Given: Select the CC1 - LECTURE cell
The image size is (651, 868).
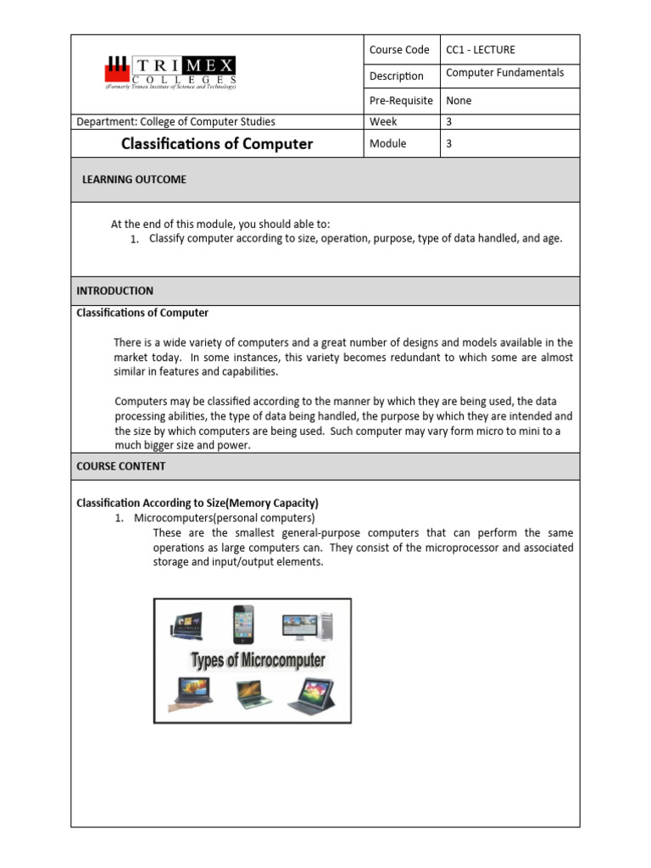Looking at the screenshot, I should coord(480,50).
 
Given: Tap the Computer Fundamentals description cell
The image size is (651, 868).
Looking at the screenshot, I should coord(504,73).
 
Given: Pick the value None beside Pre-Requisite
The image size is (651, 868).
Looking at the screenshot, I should coord(459,101).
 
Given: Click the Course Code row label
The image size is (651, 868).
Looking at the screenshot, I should coord(399,50).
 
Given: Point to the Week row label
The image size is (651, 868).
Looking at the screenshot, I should coord(383,122).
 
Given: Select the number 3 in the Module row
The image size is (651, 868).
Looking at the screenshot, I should coord(449,144).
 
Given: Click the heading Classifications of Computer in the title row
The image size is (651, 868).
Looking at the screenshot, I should coord(217,144).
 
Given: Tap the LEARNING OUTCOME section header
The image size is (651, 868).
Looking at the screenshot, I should coord(134,180).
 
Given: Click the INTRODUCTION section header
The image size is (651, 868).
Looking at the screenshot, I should coord(115,291).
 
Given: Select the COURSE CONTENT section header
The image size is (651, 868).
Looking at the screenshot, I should coord(121,466).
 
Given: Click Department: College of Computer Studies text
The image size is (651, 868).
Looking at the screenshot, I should coord(175,122).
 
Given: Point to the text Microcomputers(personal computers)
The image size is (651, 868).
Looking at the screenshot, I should coord(225,518).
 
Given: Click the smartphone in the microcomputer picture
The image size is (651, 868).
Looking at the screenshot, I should coord(244,625).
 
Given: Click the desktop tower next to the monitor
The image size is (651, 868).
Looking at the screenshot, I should coord(326,626).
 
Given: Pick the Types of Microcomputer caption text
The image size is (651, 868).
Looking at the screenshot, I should coord(258,660).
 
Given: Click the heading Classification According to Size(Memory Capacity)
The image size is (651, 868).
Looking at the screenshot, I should coord(198,504).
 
